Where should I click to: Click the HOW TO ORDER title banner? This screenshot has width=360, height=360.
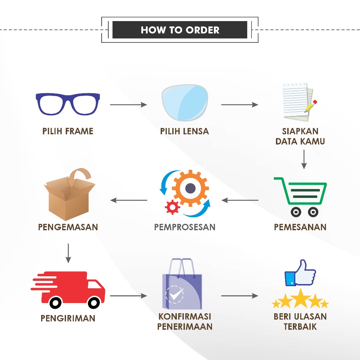click(x=180, y=30)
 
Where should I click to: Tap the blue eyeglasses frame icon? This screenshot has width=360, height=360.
click(x=68, y=104)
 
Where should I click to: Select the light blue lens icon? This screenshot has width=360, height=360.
click(x=184, y=102)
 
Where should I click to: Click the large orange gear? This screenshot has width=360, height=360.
click(x=190, y=188)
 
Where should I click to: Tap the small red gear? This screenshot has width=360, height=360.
click(x=172, y=207)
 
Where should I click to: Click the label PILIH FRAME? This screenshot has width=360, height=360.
click(x=68, y=131)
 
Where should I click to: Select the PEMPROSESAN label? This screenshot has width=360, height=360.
click(x=185, y=227)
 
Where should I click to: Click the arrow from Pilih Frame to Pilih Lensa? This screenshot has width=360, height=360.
click(x=128, y=104)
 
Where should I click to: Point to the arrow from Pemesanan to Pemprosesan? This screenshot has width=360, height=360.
click(x=240, y=200)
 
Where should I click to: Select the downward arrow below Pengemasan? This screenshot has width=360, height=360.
click(x=68, y=252)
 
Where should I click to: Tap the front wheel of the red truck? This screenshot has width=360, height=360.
click(x=94, y=302)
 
